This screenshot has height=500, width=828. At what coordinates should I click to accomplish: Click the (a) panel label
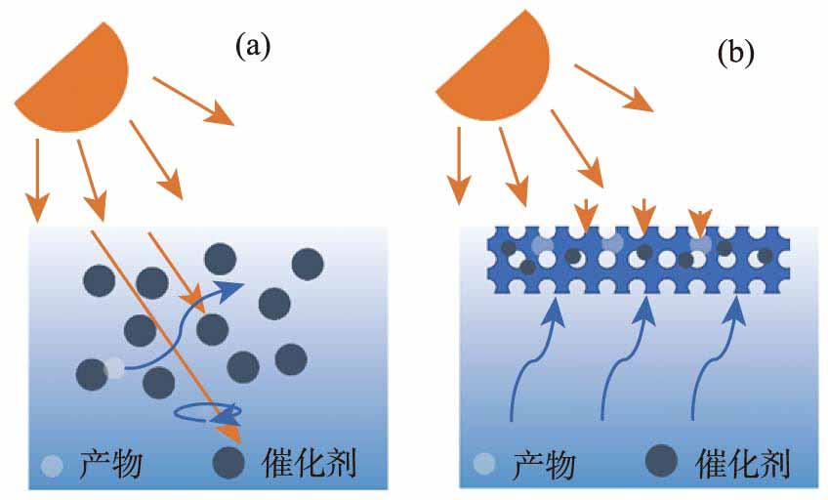[252, 46]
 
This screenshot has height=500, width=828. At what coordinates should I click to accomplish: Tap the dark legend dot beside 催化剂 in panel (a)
[230, 462]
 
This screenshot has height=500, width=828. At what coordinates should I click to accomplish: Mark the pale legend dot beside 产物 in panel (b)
[481, 462]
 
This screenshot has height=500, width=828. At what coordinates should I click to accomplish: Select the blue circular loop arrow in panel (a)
[207, 414]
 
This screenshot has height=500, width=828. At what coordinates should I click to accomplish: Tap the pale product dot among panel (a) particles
[114, 368]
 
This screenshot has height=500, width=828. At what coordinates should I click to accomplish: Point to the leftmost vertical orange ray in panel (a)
[37, 181]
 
